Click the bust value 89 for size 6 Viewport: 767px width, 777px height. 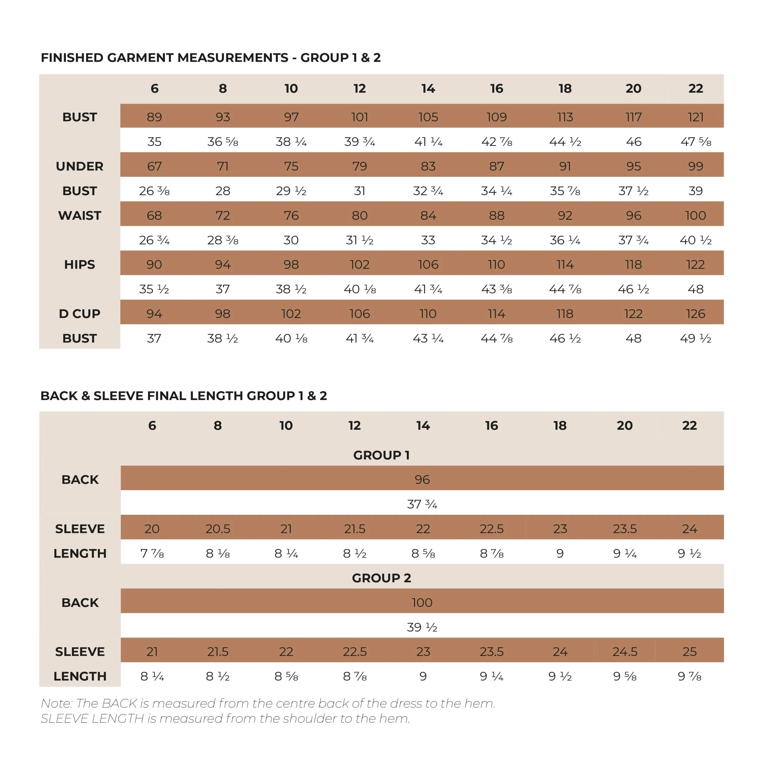coord(154,117)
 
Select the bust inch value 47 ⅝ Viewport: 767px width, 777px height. coord(695,141)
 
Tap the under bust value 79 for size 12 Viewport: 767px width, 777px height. coord(359,166)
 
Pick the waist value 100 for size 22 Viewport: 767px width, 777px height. coord(695,215)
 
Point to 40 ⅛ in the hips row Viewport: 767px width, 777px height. coord(359,289)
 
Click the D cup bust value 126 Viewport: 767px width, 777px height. coord(695,314)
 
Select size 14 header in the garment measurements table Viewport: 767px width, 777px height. coord(428,89)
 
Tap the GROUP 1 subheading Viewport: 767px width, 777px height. coord(381,455)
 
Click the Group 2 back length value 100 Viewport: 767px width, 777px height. coord(422,602)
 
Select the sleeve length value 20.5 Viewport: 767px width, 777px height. coord(218,529)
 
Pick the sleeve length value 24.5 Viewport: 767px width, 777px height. coord(625,652)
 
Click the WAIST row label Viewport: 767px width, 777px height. coord(79,215)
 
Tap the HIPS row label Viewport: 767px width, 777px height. coord(79,265)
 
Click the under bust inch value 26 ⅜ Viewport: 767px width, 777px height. coord(154,191)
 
